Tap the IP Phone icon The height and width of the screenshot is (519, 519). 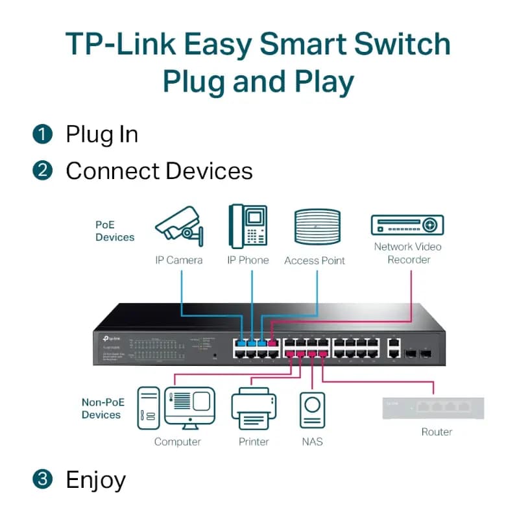coord(247,226)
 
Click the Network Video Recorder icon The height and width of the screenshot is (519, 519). coord(407,225)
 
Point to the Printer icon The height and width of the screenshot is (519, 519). coord(253,408)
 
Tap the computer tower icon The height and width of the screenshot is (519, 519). coord(148,408)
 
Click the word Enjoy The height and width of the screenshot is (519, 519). coord(95,481)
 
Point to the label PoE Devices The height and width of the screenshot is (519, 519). coord(115,231)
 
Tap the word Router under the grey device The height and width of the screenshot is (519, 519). coord(437,432)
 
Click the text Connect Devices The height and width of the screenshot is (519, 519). coord(159,171)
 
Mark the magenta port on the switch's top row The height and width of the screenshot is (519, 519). coord(272,342)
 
